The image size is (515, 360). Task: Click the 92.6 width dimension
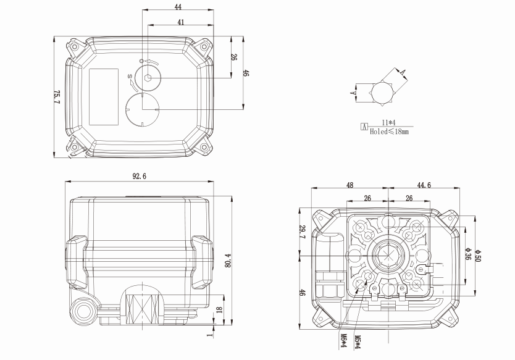[x=140, y=177]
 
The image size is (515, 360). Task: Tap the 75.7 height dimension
[x=57, y=97]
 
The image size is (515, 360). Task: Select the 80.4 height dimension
[x=228, y=260]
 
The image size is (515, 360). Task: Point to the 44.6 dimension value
[x=424, y=185]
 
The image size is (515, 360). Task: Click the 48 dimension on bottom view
[x=350, y=185]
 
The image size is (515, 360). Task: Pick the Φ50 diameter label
[x=477, y=256]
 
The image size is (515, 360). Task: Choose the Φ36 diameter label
[x=468, y=254]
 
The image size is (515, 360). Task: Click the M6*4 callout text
[x=343, y=341]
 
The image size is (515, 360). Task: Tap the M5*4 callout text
[x=358, y=342]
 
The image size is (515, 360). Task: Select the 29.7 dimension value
[x=303, y=232]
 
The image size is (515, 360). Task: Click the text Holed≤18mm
[x=390, y=132]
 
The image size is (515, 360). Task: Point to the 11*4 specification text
[x=388, y=123]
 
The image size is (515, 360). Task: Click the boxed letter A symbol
[x=364, y=127]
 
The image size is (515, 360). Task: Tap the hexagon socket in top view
[x=148, y=78]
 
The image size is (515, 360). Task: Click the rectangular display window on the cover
[x=104, y=97]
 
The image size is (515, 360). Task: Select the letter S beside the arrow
[x=130, y=77]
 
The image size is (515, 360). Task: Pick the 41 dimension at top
[x=181, y=22]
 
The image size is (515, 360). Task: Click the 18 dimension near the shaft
[x=219, y=309]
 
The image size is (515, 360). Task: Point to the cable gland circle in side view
[x=83, y=311]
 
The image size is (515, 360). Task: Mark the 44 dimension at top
[x=178, y=7]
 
